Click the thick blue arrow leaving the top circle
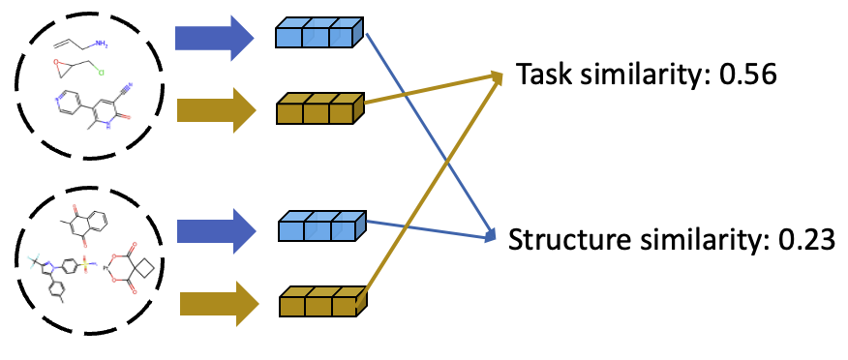click(213, 38)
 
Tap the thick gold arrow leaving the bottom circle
click(218, 304)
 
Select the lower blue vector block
click(320, 228)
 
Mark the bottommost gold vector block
click(321, 303)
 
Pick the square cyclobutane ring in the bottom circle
click(149, 264)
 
